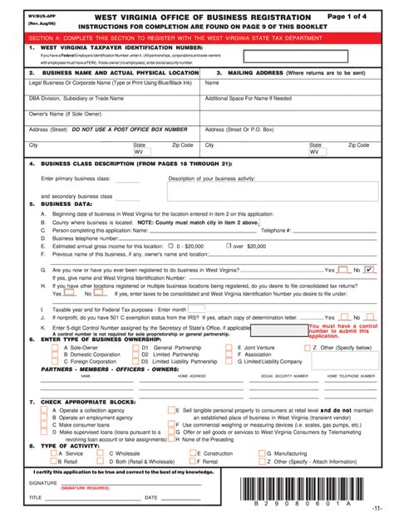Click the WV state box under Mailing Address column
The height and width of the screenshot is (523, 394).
[316, 176]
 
